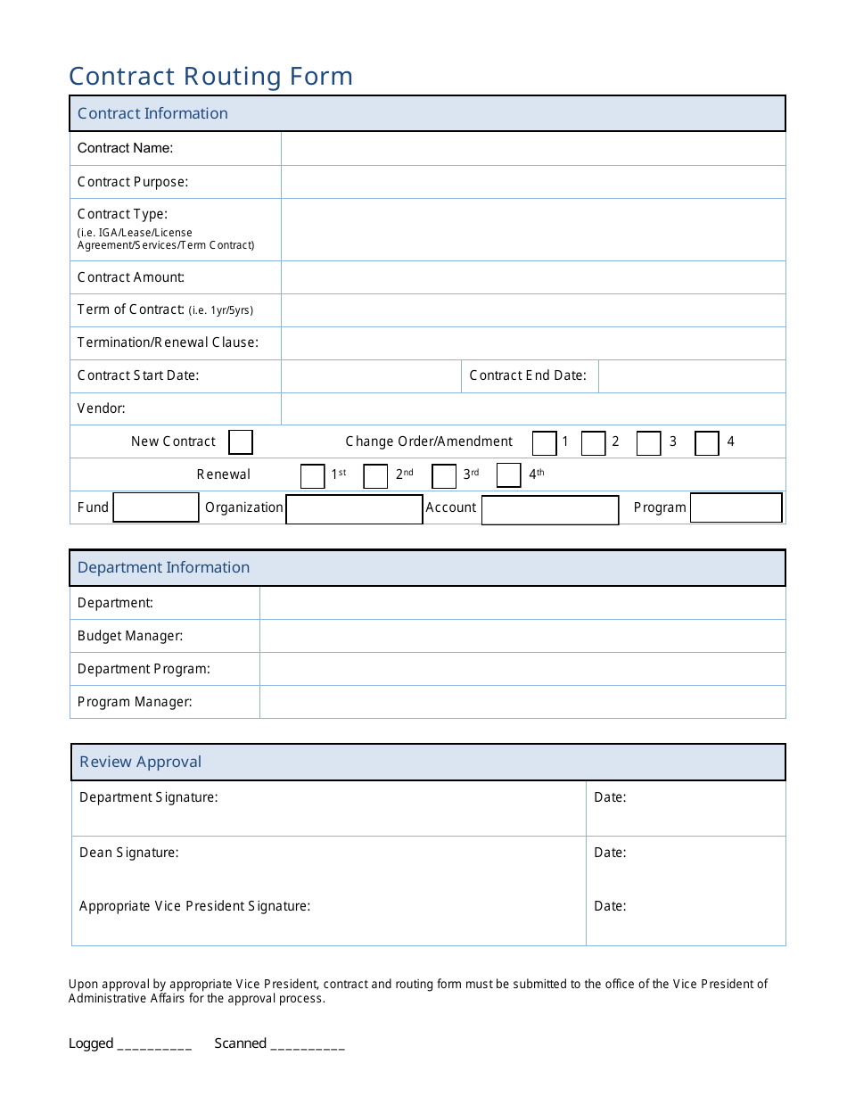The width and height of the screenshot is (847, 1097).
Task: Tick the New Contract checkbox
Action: pyautogui.click(x=241, y=442)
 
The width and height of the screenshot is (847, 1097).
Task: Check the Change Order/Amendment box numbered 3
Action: pyautogui.click(x=649, y=443)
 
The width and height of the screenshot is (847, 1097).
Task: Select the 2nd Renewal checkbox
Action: pyautogui.click(x=375, y=476)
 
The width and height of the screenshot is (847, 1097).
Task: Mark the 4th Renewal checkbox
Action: pyautogui.click(x=509, y=475)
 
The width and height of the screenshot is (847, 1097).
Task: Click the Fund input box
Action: pyautogui.click(x=156, y=507)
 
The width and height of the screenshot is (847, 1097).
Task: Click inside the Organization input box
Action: pyautogui.click(x=354, y=509)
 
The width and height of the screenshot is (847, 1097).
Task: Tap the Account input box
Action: pyautogui.click(x=550, y=510)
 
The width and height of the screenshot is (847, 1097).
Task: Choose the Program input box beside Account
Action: pyautogui.click(x=736, y=507)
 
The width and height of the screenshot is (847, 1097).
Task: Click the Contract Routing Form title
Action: pyautogui.click(x=211, y=77)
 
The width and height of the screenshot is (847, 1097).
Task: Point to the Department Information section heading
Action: pyautogui.click(x=164, y=568)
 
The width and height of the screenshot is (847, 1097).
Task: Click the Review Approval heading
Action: pyautogui.click(x=141, y=763)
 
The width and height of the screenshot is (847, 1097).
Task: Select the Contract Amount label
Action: pyautogui.click(x=131, y=277)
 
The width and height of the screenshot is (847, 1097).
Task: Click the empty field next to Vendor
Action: pyautogui.click(x=533, y=409)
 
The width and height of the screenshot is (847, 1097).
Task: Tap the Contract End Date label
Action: pyautogui.click(x=528, y=375)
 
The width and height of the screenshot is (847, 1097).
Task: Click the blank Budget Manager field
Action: pyautogui.click(x=522, y=637)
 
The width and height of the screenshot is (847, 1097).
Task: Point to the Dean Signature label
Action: pyautogui.click(x=129, y=853)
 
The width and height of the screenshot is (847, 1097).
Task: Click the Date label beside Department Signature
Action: pyautogui.click(x=611, y=797)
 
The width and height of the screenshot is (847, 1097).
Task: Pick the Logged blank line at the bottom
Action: pyautogui.click(x=154, y=1044)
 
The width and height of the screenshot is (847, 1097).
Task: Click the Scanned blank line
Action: pyautogui.click(x=308, y=1044)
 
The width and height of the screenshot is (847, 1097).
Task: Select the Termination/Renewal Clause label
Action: pyautogui.click(x=168, y=342)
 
